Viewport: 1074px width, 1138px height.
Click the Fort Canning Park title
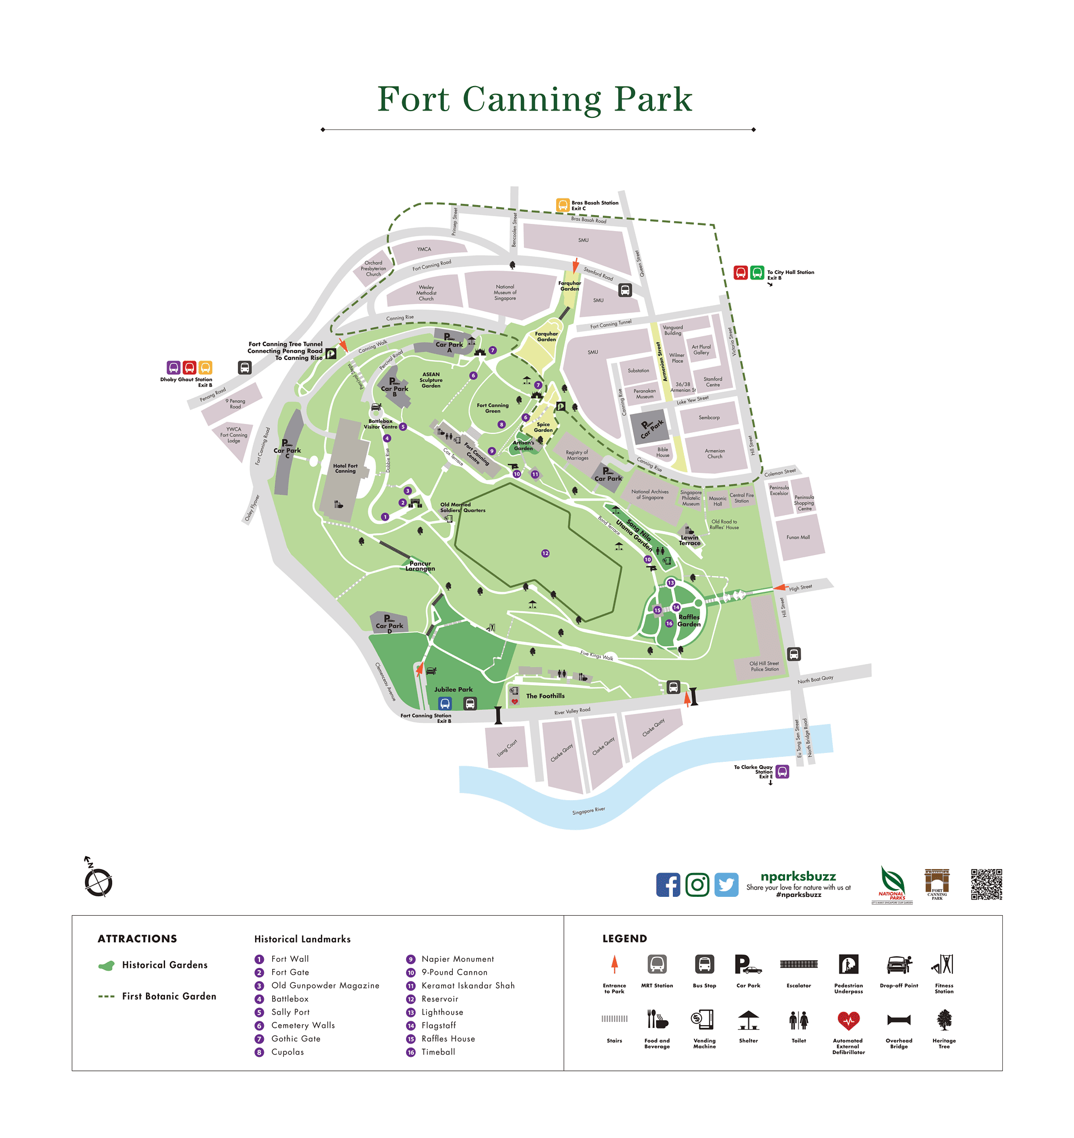(x=534, y=99)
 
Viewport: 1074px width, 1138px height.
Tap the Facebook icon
(x=667, y=885)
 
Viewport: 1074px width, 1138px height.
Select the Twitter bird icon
(x=726, y=885)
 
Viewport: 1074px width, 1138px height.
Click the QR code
(x=986, y=884)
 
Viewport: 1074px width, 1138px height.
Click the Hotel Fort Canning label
(x=345, y=468)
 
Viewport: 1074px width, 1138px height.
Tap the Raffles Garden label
(x=689, y=621)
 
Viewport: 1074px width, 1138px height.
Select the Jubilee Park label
(x=453, y=689)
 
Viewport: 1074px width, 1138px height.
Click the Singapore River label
(x=588, y=811)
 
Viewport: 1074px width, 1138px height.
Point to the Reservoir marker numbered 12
(x=545, y=553)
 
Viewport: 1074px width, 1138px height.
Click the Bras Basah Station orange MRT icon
(x=563, y=205)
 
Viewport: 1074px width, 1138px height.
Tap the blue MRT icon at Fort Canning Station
(x=445, y=703)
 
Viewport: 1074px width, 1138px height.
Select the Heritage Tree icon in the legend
(x=944, y=1020)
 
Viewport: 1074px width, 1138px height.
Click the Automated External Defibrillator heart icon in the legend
(x=848, y=1020)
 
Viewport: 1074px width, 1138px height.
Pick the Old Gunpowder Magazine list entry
(x=324, y=985)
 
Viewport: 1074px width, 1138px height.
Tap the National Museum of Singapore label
(x=505, y=292)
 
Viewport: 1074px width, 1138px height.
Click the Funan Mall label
(x=797, y=537)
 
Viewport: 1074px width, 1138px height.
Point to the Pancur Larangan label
(x=420, y=566)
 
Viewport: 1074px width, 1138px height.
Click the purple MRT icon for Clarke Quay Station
(x=782, y=771)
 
